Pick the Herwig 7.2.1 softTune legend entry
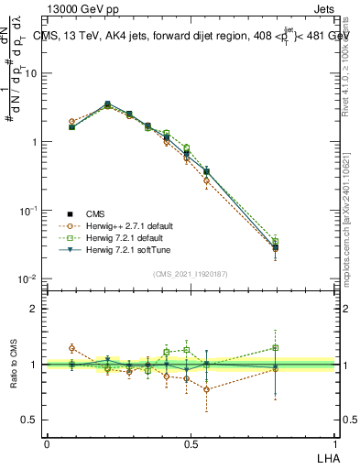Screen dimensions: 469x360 tap(125, 249)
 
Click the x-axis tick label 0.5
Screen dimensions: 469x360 tap(191, 443)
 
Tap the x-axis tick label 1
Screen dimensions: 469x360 tap(336, 443)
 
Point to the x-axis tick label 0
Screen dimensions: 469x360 tap(47, 443)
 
